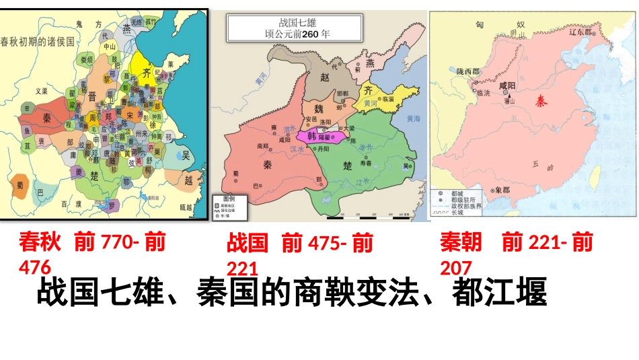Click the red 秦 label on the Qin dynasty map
click(541, 101)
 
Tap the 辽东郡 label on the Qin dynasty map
click(582, 31)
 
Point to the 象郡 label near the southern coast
click(502, 190)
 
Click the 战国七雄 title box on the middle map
click(295, 28)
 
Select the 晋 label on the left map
click(92, 96)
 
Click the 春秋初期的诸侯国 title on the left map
click(37, 40)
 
